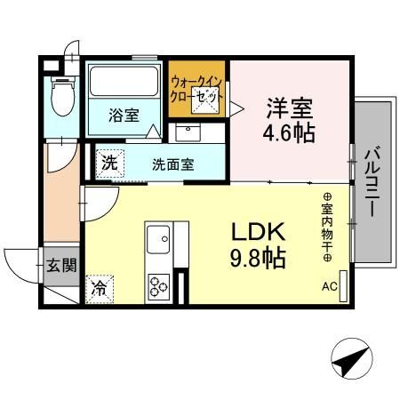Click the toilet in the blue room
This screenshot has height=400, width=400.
(x=62, y=96)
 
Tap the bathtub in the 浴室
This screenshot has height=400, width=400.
(x=124, y=81)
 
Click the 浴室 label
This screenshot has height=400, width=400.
(x=124, y=116)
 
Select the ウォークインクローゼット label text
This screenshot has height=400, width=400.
(x=197, y=89)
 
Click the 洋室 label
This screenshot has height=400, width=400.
(x=290, y=108)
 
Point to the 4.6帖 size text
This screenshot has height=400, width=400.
(x=289, y=133)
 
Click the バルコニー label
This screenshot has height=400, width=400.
(x=373, y=182)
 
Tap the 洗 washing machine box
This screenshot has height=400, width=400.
(x=110, y=164)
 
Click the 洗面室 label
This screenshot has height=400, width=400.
(x=173, y=164)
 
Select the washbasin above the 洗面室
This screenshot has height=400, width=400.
(x=188, y=132)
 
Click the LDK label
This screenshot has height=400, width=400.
(x=258, y=232)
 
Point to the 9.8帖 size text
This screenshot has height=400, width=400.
(x=258, y=258)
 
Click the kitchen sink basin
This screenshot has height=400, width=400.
(x=158, y=239)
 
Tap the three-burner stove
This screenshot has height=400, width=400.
(x=159, y=286)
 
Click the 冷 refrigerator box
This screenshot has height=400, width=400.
(x=100, y=289)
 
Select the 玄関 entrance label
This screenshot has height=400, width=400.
(x=61, y=265)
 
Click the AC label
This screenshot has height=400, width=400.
(x=330, y=286)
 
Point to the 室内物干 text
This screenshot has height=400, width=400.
(x=327, y=228)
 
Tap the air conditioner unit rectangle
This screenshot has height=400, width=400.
(x=343, y=286)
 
